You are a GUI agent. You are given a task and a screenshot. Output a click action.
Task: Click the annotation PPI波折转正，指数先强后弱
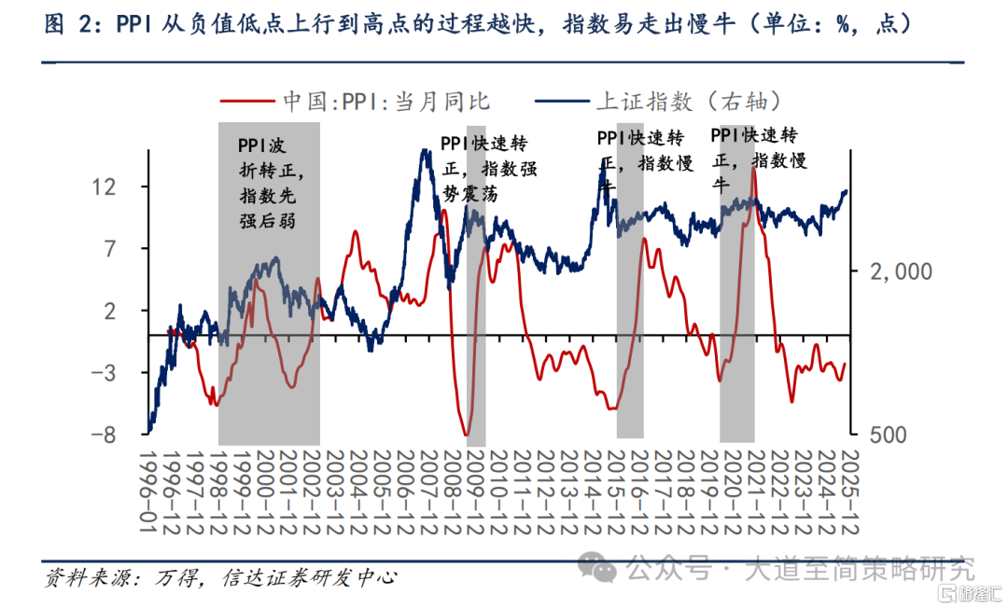coord(271,183)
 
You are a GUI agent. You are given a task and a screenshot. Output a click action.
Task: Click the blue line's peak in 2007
coord(425,149)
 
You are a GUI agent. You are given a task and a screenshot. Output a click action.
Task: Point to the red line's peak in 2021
coord(753,170)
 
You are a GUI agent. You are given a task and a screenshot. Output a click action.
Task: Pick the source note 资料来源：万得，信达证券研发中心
coord(220,577)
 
